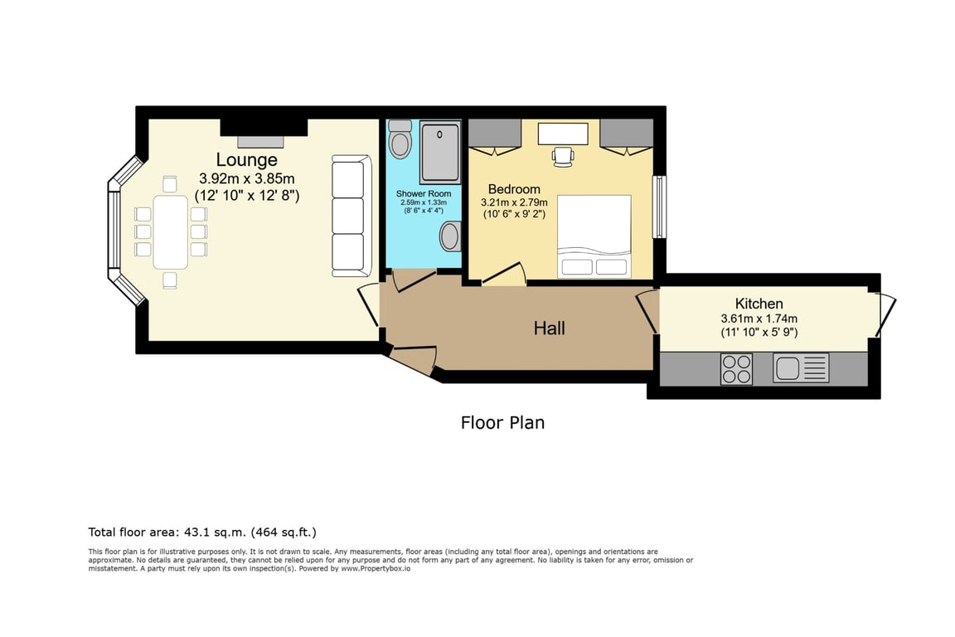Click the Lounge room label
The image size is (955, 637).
click(247, 160)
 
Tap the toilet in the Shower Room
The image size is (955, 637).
click(400, 139)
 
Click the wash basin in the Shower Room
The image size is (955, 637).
click(450, 236)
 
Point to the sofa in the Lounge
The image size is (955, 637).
click(351, 216)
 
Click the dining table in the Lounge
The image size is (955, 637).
click(171, 231)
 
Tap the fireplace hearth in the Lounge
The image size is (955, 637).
click(260, 142)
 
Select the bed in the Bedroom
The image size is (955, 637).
click(594, 236)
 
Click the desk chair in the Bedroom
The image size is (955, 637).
click(563, 156)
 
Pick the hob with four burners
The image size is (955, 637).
click(736, 369)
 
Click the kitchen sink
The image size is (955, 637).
click(801, 368)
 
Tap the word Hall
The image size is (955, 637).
click(550, 328)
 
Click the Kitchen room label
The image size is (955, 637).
click(759, 304)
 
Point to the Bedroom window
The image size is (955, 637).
click(659, 207)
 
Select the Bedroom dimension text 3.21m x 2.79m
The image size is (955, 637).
click(514, 202)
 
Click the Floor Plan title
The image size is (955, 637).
click(502, 422)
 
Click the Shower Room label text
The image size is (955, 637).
click(424, 194)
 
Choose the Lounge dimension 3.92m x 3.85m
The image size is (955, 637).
click(247, 178)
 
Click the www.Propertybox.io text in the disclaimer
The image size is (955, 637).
click(376, 569)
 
